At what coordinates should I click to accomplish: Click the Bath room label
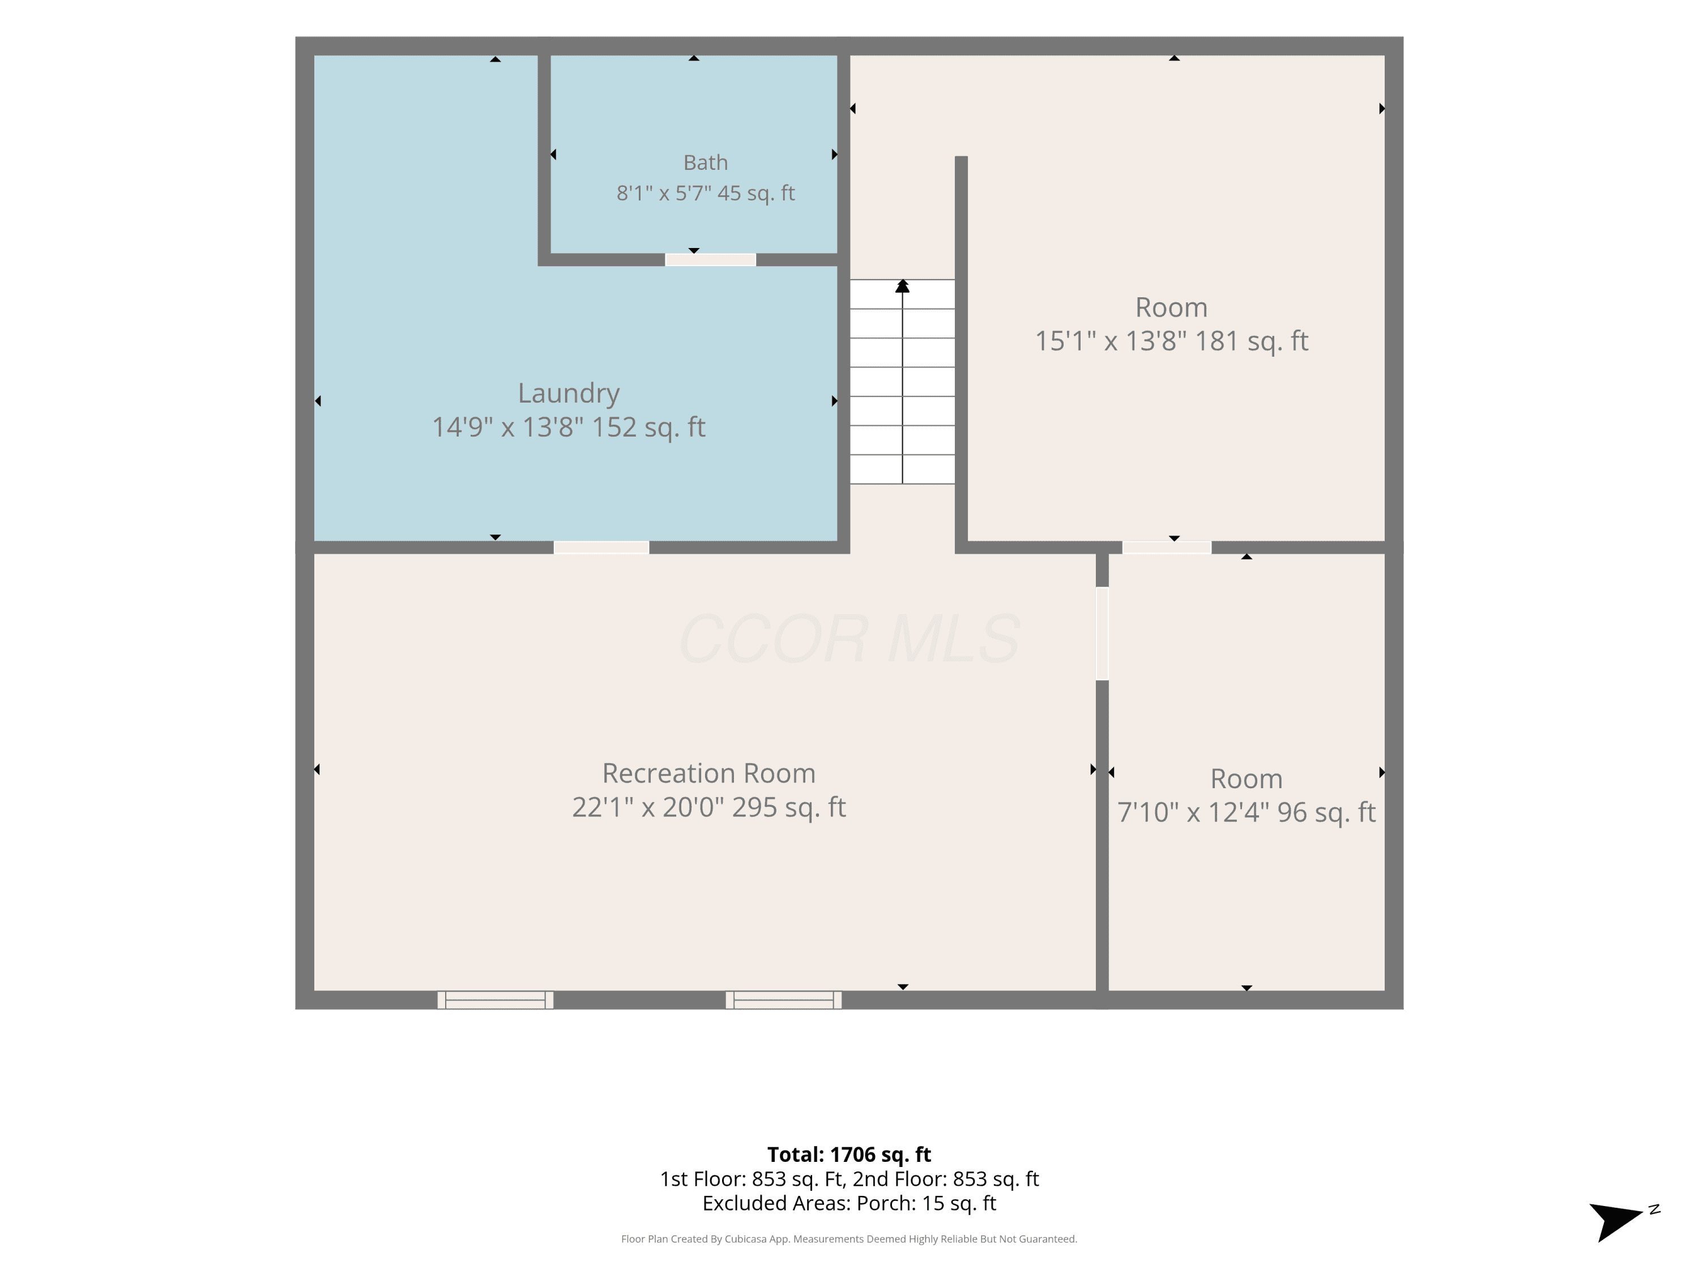[705, 163]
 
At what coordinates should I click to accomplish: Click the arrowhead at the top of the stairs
[903, 286]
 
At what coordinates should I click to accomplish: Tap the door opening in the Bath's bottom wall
[711, 259]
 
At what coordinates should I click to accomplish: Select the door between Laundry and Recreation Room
[601, 548]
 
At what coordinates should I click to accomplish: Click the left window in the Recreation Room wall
[496, 1000]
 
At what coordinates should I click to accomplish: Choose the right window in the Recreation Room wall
[783, 1000]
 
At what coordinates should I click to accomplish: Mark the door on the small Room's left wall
[1102, 634]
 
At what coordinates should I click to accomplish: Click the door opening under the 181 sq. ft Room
[1167, 548]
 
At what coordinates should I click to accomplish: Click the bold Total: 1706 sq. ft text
[849, 1154]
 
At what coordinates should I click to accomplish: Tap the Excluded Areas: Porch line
[849, 1203]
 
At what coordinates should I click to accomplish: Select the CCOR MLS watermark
[849, 639]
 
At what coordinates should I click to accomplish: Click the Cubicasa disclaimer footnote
[849, 1239]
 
